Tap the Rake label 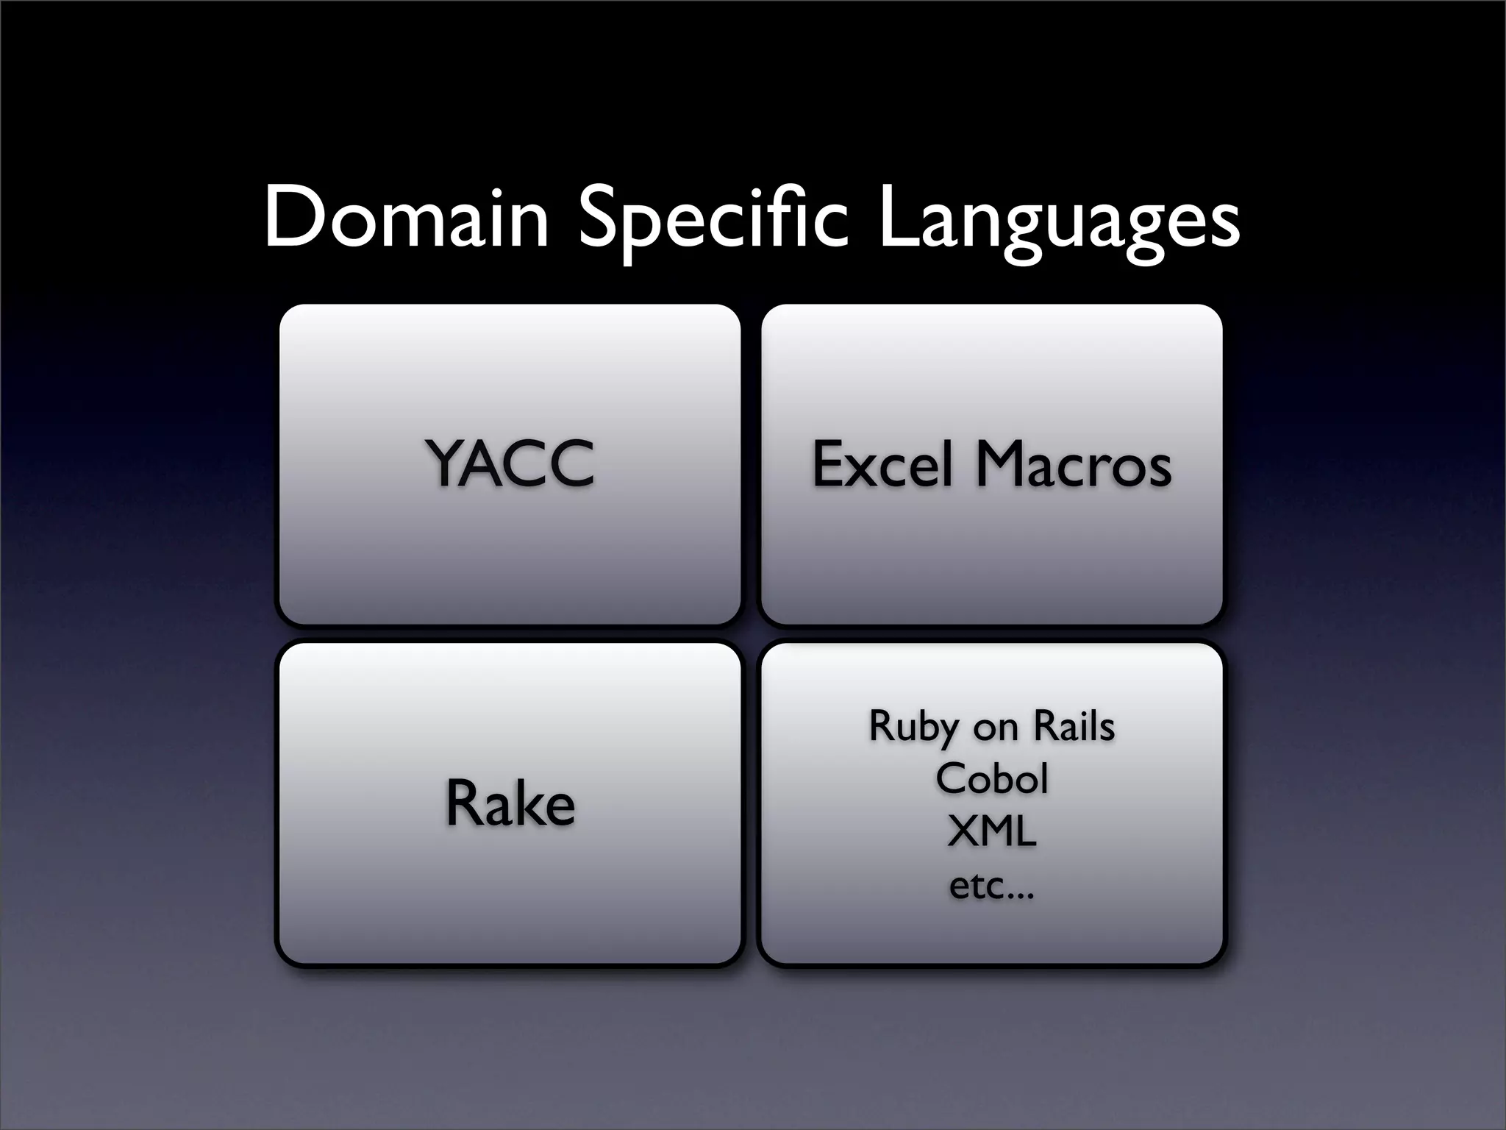(x=510, y=803)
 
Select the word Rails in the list (x=1074, y=726)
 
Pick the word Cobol (x=991, y=778)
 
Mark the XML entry (x=991, y=832)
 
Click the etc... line (x=991, y=886)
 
